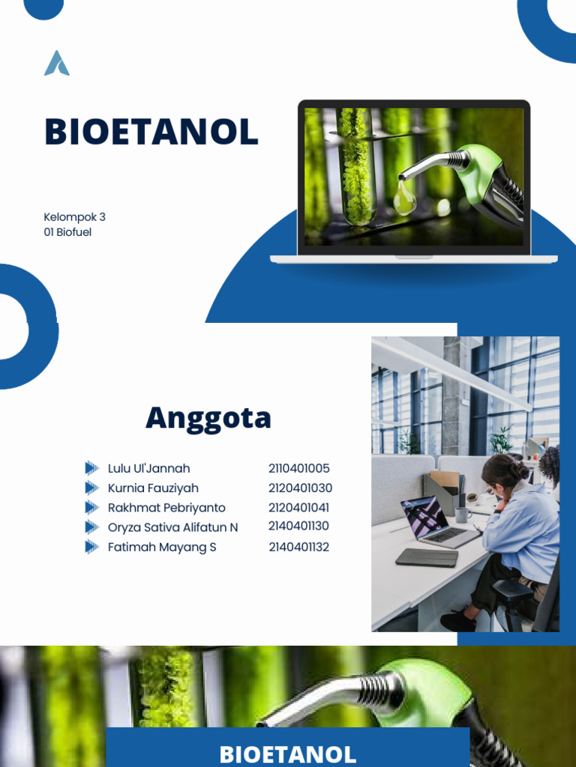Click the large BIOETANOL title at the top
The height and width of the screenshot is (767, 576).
(x=151, y=132)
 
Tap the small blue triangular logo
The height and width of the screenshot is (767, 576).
(x=57, y=64)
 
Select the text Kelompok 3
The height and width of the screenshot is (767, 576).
(x=75, y=217)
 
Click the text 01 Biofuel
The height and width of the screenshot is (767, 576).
(x=67, y=232)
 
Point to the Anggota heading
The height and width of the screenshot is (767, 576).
(x=208, y=418)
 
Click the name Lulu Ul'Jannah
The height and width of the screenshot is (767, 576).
(x=148, y=469)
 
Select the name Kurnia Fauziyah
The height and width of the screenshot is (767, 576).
(x=153, y=488)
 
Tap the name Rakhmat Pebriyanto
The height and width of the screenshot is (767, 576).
(x=166, y=508)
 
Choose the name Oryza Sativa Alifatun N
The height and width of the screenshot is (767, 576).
(x=172, y=527)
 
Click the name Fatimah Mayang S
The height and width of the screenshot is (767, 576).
(x=162, y=547)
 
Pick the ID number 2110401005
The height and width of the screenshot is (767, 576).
(x=298, y=469)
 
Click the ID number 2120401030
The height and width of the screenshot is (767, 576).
(x=300, y=488)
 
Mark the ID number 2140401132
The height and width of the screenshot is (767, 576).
(x=298, y=547)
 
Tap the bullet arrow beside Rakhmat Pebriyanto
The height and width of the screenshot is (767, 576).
(x=91, y=508)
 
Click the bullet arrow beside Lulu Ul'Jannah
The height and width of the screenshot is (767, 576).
(x=91, y=469)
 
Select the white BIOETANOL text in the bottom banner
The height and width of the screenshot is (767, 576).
(x=287, y=753)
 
